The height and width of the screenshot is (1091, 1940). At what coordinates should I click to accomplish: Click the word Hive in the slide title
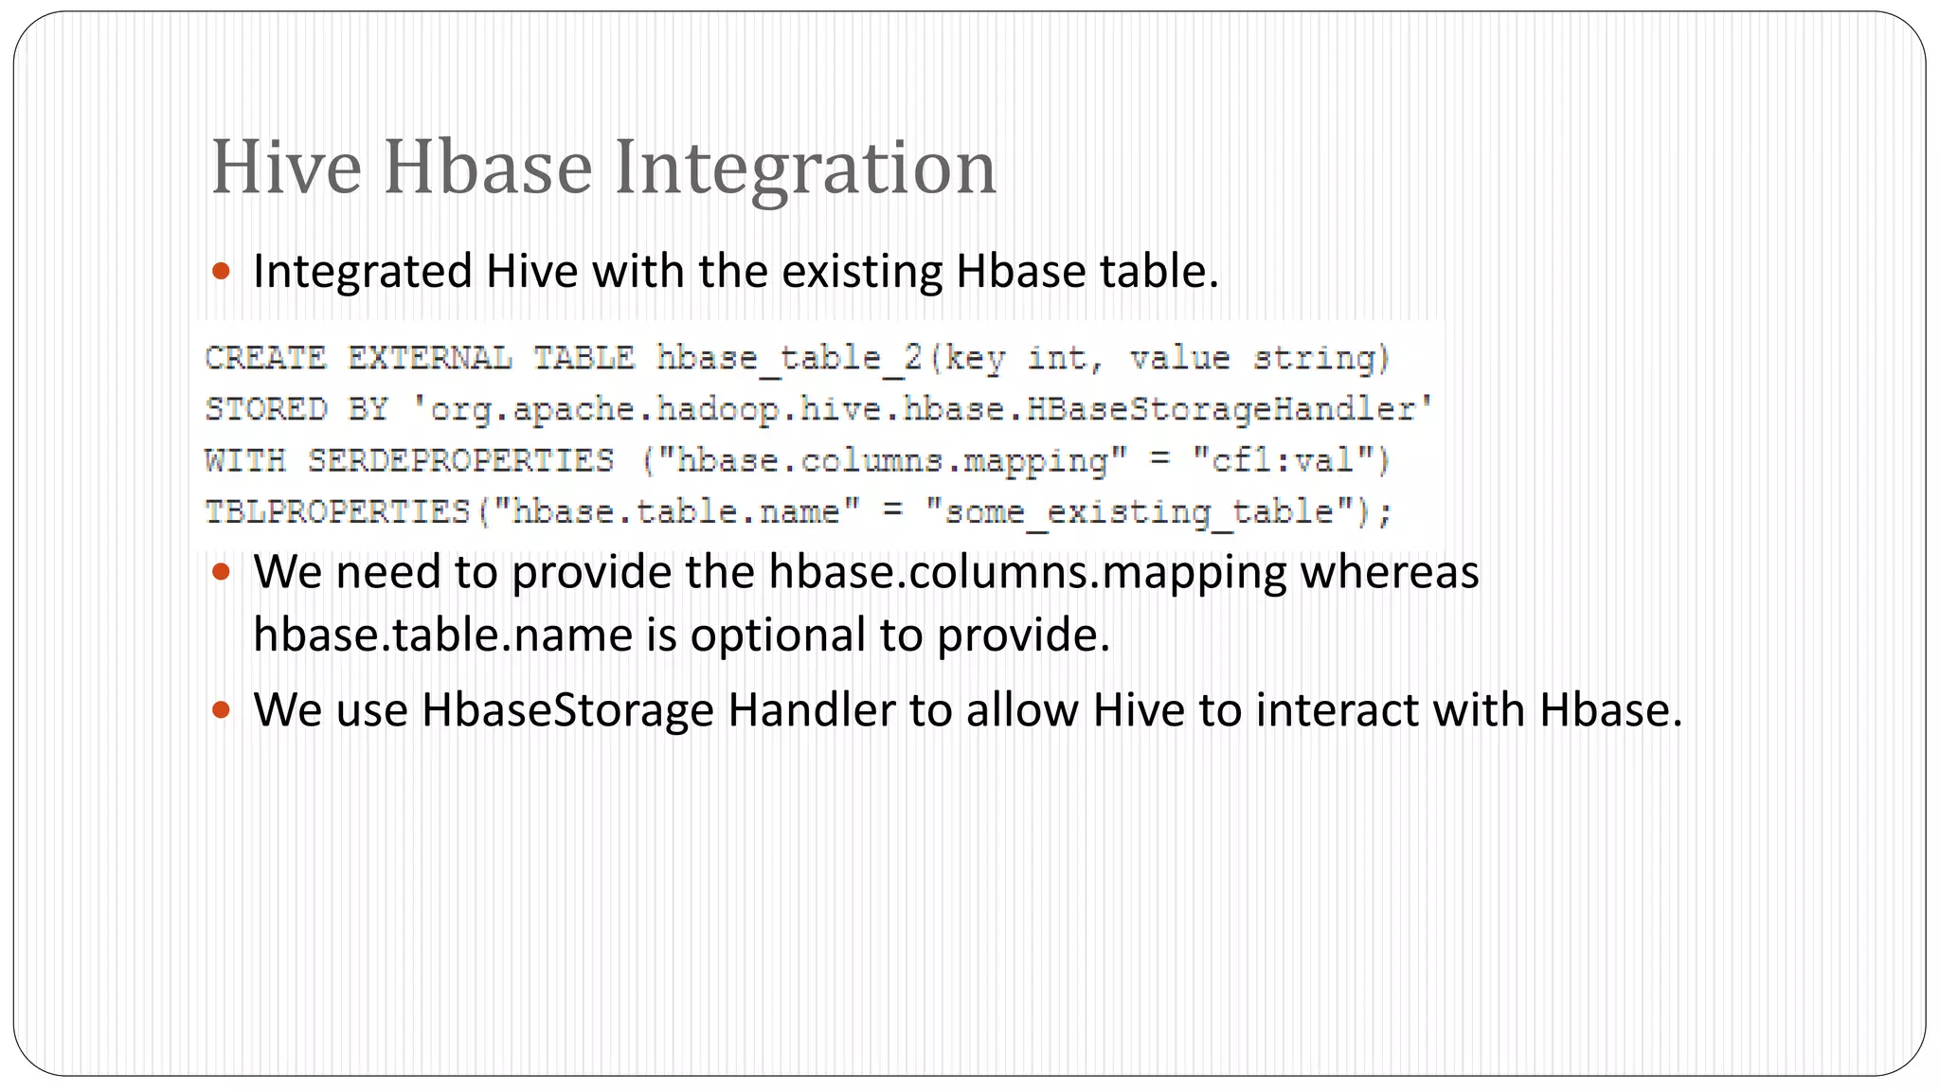[x=286, y=168]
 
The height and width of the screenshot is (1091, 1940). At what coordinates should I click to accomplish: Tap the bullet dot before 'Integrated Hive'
[x=222, y=272]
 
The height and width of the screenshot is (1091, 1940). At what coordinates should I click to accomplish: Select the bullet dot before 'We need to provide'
[x=222, y=572]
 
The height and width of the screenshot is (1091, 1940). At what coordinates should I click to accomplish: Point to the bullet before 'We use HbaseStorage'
[x=222, y=709]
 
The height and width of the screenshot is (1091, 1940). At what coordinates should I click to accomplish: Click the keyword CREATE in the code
[x=265, y=358]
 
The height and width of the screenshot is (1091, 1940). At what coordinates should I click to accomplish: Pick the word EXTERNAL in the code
[x=429, y=358]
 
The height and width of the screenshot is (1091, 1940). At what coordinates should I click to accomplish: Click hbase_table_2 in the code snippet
[x=789, y=358]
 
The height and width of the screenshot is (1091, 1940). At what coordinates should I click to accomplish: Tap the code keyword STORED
[x=266, y=409]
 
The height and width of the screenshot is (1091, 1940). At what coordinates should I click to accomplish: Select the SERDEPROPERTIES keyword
[x=460, y=460]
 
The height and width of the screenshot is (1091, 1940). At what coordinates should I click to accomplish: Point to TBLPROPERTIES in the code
[x=338, y=511]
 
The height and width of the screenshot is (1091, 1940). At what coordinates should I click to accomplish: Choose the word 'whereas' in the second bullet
[x=1389, y=572]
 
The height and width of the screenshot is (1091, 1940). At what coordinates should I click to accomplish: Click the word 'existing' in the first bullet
[x=861, y=272]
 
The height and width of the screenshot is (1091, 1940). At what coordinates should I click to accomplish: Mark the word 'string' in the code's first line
[x=1317, y=358]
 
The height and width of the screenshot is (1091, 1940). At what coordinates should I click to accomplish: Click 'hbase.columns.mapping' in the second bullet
[x=1027, y=572]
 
